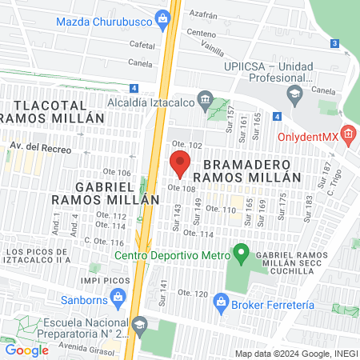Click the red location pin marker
(x=180, y=162)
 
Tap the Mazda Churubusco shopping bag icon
(x=163, y=18)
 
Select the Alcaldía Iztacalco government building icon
(x=206, y=101)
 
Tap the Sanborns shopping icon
(x=118, y=298)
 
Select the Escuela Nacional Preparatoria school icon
(x=141, y=324)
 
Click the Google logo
(x=27, y=350)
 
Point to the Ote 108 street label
(x=182, y=189)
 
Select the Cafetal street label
(x=141, y=46)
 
